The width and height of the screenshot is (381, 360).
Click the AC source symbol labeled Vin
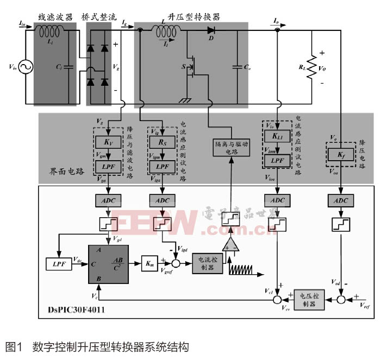tap(24, 67)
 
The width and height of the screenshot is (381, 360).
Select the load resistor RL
tap(311, 68)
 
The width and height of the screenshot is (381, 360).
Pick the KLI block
tap(278, 137)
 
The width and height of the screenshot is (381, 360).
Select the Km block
tap(149, 263)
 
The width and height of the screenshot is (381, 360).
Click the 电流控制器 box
tap(208, 263)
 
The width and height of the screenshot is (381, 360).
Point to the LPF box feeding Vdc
tap(58, 264)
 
